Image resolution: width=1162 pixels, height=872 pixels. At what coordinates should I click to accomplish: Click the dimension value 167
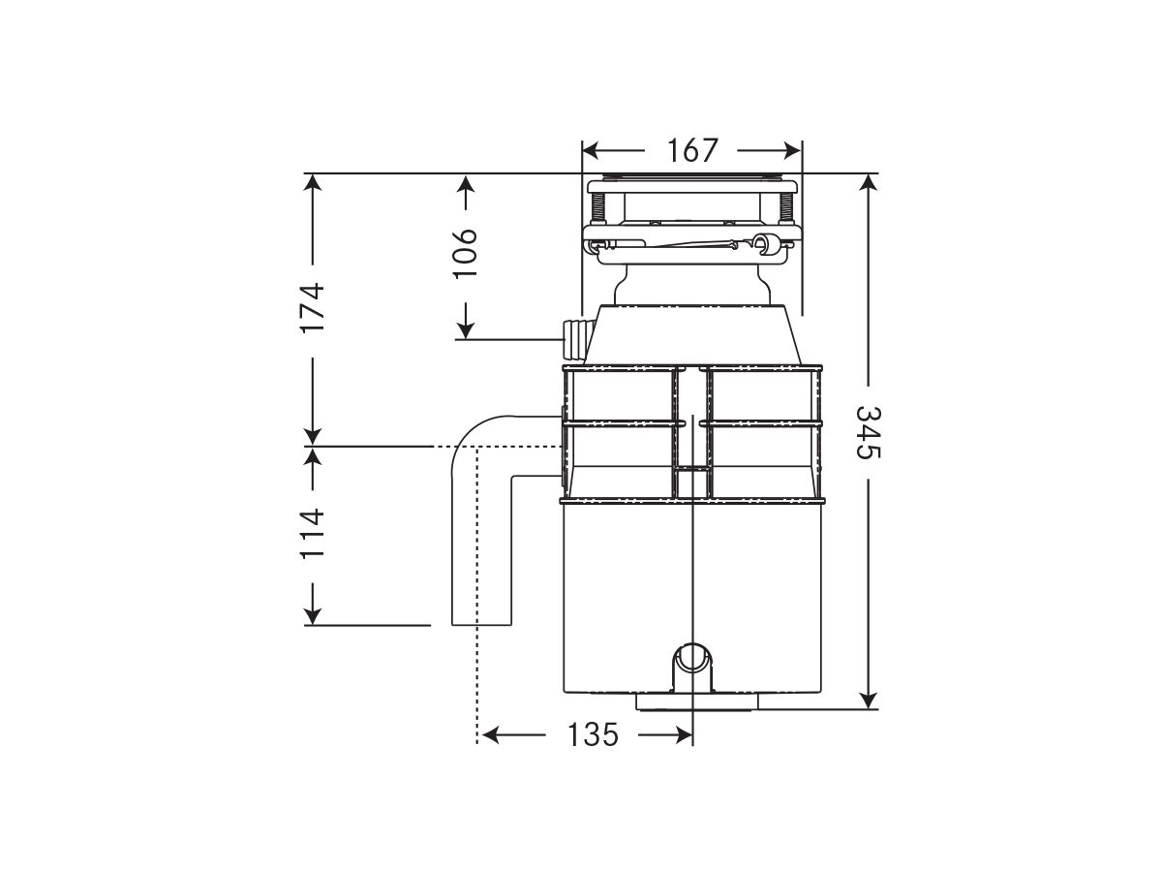click(691, 151)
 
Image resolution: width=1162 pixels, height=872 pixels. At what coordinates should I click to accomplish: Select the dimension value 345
click(869, 433)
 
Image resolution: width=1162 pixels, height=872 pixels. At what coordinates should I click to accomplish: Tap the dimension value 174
click(312, 308)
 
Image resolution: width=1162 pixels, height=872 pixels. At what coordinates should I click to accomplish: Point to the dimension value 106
click(466, 253)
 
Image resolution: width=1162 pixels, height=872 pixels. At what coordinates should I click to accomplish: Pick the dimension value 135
click(592, 735)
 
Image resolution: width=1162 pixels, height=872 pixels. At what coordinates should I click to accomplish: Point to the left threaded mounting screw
click(598, 208)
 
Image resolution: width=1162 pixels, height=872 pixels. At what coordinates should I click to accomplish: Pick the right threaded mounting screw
click(787, 208)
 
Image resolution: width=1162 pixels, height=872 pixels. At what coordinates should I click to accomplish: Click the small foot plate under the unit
click(691, 701)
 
